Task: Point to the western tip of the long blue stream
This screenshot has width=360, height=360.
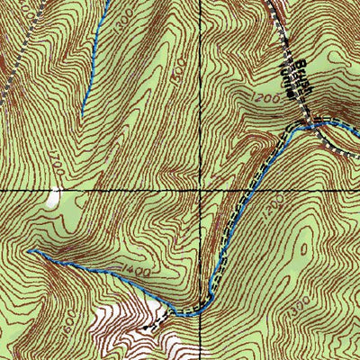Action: [x=30, y=252]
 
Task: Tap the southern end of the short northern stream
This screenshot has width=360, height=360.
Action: [x=83, y=112]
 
